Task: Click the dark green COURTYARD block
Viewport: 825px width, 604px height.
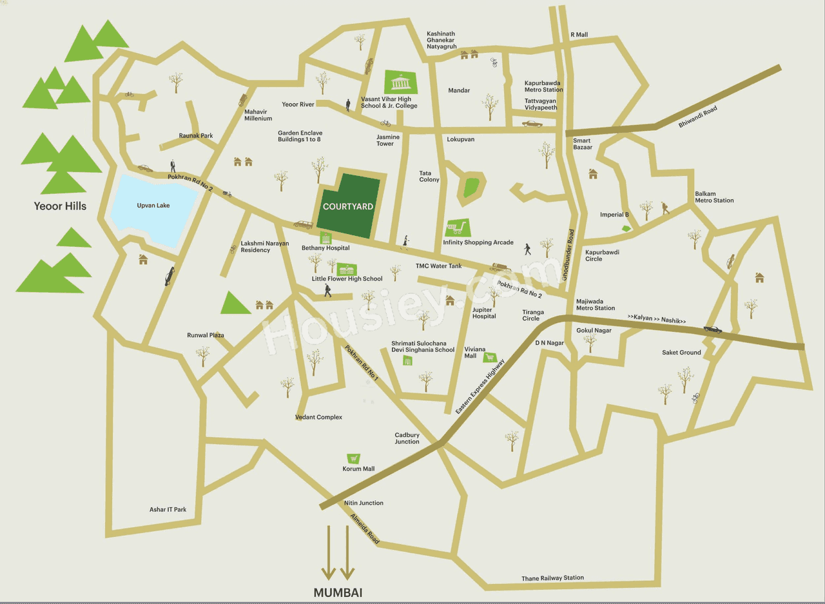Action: coord(348,206)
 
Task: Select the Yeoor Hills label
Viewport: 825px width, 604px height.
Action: coord(60,206)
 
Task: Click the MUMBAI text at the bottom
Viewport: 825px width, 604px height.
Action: coord(338,592)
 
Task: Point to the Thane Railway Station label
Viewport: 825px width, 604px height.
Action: coord(552,578)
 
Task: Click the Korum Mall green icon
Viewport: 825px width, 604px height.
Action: coord(353,458)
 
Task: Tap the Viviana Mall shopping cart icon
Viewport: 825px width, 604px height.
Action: coord(490,356)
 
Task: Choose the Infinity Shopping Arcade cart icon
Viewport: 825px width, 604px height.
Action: coord(456,228)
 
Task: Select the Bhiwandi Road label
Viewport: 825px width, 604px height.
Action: coord(697,117)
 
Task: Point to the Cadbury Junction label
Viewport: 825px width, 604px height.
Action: coord(407,438)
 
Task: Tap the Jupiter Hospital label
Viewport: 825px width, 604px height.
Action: coord(484,313)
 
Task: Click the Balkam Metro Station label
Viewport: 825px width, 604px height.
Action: coord(714,197)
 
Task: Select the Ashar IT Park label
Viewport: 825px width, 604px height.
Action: coord(168,510)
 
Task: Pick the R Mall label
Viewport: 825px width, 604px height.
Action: coord(579,35)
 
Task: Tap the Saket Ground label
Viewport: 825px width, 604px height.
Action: coord(681,353)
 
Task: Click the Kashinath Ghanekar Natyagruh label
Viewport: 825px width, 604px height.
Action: coord(441,40)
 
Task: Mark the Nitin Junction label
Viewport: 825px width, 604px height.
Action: coord(364,503)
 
